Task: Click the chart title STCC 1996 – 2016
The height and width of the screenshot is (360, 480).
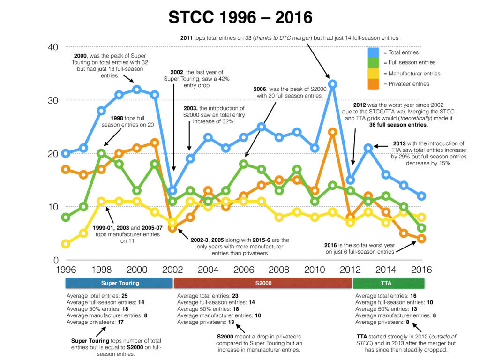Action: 240,17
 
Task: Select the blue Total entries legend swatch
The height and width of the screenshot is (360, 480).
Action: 374,52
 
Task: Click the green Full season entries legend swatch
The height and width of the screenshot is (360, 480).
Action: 374,62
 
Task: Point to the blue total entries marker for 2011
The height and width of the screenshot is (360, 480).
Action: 333,84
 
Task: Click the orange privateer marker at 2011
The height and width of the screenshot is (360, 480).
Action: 333,132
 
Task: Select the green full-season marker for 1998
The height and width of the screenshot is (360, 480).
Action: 101,153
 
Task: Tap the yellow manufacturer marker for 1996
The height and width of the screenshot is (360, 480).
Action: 66,244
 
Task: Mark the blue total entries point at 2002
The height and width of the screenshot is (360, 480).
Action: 172,191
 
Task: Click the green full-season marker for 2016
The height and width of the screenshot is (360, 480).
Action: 422,228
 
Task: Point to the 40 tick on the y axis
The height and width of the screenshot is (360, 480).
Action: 52,47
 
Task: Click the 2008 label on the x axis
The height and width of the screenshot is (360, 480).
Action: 279,270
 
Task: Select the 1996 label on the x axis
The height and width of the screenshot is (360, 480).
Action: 66,270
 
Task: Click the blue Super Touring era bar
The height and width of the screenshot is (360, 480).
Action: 119,283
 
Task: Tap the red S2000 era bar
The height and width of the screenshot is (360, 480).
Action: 262,283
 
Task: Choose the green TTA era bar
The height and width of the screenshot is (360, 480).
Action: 389,283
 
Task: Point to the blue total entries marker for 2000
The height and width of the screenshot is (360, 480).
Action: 137,90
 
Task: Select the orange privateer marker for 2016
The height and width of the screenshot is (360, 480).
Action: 422,239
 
